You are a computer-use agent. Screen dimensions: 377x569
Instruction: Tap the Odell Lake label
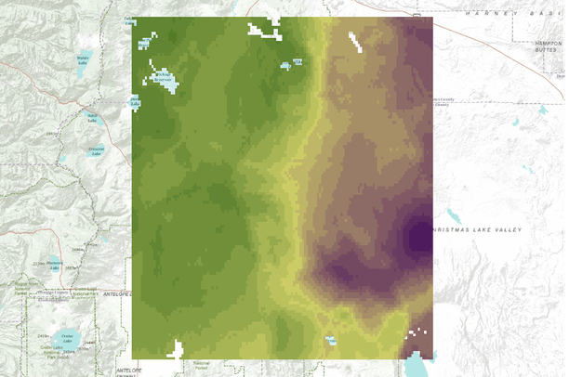point(92,118)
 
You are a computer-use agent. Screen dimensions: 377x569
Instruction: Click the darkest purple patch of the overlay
point(420,237)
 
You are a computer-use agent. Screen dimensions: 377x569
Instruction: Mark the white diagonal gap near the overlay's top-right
point(355,41)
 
